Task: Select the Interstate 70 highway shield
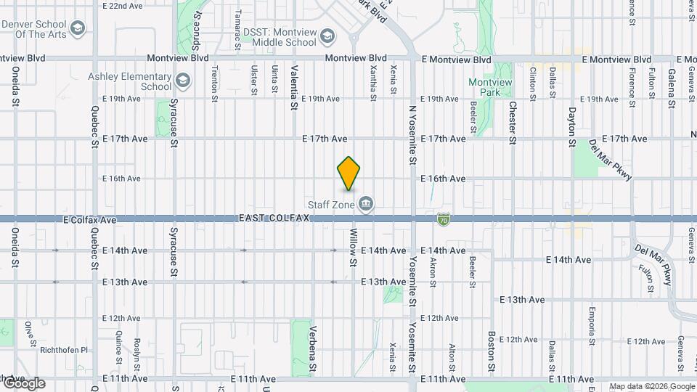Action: pyautogui.click(x=443, y=219)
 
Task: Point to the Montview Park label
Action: pyautogui.click(x=490, y=88)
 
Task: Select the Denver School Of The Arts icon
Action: pyautogui.click(x=78, y=28)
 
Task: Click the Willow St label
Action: pyautogui.click(x=354, y=247)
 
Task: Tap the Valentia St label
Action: pyautogui.click(x=294, y=88)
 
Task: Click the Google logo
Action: pyautogui.click(x=24, y=383)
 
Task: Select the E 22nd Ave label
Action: pyautogui.click(x=123, y=6)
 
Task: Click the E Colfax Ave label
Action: pyautogui.click(x=90, y=219)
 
